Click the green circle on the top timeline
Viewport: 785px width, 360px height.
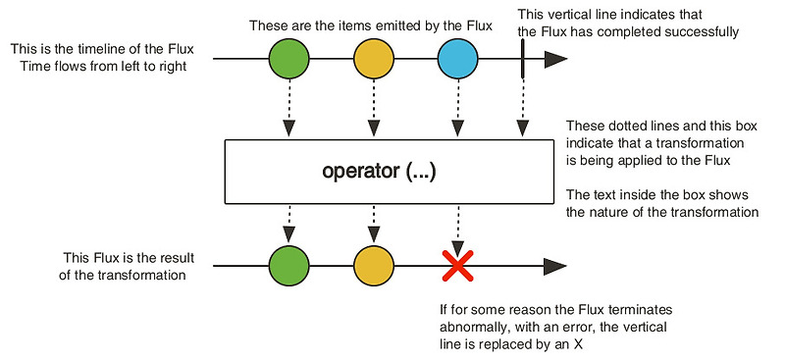288,59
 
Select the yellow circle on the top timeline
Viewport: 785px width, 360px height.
373,59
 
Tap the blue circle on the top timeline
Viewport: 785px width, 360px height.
457,59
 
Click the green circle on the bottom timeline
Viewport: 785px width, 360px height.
288,266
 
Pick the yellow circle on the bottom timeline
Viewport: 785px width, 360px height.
373,266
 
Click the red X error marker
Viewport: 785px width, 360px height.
457,266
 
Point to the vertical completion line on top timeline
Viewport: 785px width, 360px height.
524,59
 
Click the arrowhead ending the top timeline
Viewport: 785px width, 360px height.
555,59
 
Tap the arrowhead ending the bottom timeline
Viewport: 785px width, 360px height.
555,266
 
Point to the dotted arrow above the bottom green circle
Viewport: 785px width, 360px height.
288,226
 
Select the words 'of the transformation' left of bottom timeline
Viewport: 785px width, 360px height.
131,276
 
